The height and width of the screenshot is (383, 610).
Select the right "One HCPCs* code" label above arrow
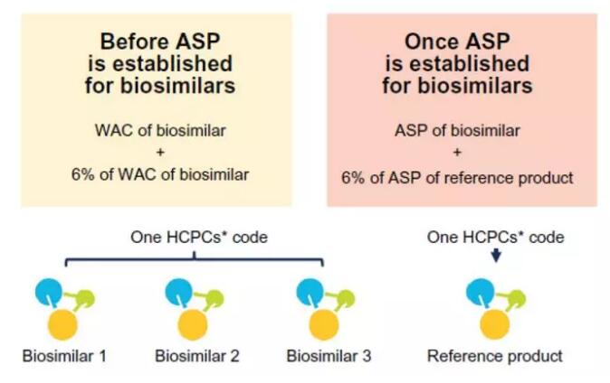coord(495,238)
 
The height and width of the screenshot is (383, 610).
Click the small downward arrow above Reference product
coord(495,257)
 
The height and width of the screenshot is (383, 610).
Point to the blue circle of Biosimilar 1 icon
coord(47,291)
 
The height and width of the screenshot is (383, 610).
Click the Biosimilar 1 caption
coord(64,355)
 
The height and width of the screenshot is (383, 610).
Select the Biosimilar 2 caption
coord(196,355)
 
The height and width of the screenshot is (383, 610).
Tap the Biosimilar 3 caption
coord(329,355)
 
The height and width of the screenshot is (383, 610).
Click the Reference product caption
coord(494,355)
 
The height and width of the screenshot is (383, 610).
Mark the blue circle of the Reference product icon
coord(477,291)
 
